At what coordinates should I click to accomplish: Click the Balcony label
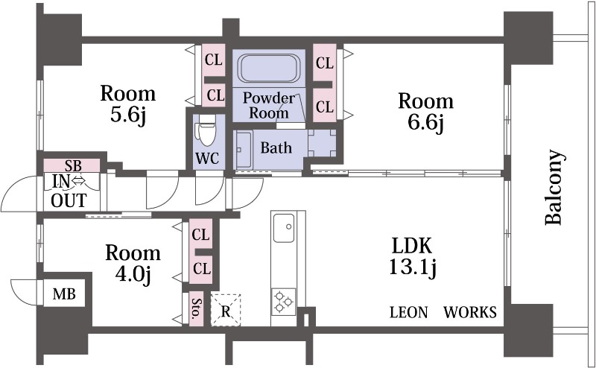pyautogui.click(x=554, y=188)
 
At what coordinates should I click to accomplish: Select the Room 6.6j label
pyautogui.click(x=425, y=112)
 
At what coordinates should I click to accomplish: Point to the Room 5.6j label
pyautogui.click(x=128, y=104)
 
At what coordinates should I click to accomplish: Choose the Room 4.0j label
pyautogui.click(x=133, y=264)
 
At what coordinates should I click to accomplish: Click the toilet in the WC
pyautogui.click(x=207, y=130)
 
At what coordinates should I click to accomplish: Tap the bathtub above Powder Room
pyautogui.click(x=269, y=68)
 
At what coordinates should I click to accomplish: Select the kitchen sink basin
pyautogui.click(x=284, y=228)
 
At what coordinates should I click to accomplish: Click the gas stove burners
pyautogui.click(x=284, y=302)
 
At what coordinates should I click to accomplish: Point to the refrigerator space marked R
pyautogui.click(x=226, y=310)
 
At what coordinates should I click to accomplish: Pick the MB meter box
pyautogui.click(x=64, y=294)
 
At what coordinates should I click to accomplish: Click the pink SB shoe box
pyautogui.click(x=72, y=166)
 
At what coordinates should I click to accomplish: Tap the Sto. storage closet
pyautogui.click(x=196, y=308)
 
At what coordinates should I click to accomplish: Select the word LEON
pyautogui.click(x=409, y=312)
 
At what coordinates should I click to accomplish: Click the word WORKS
pyautogui.click(x=470, y=312)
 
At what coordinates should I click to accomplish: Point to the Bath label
pyautogui.click(x=276, y=147)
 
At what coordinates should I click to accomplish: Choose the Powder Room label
pyautogui.click(x=269, y=105)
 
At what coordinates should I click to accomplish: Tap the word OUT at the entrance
pyautogui.click(x=69, y=200)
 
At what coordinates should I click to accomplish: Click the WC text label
pyautogui.click(x=207, y=158)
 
